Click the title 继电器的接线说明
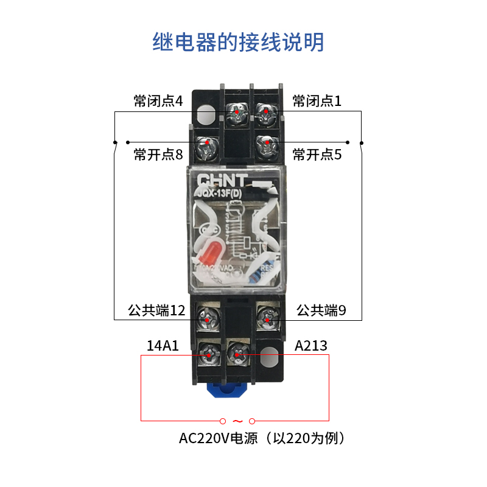click(238, 43)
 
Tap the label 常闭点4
click(158, 101)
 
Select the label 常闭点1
click(317, 101)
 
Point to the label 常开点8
click(158, 155)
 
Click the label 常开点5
click(317, 155)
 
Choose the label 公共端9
click(321, 311)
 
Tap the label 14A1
click(163, 346)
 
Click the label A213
click(310, 346)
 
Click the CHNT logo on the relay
click(222, 181)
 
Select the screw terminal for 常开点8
click(207, 144)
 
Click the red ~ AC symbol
click(237, 421)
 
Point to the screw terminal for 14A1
click(209, 352)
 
